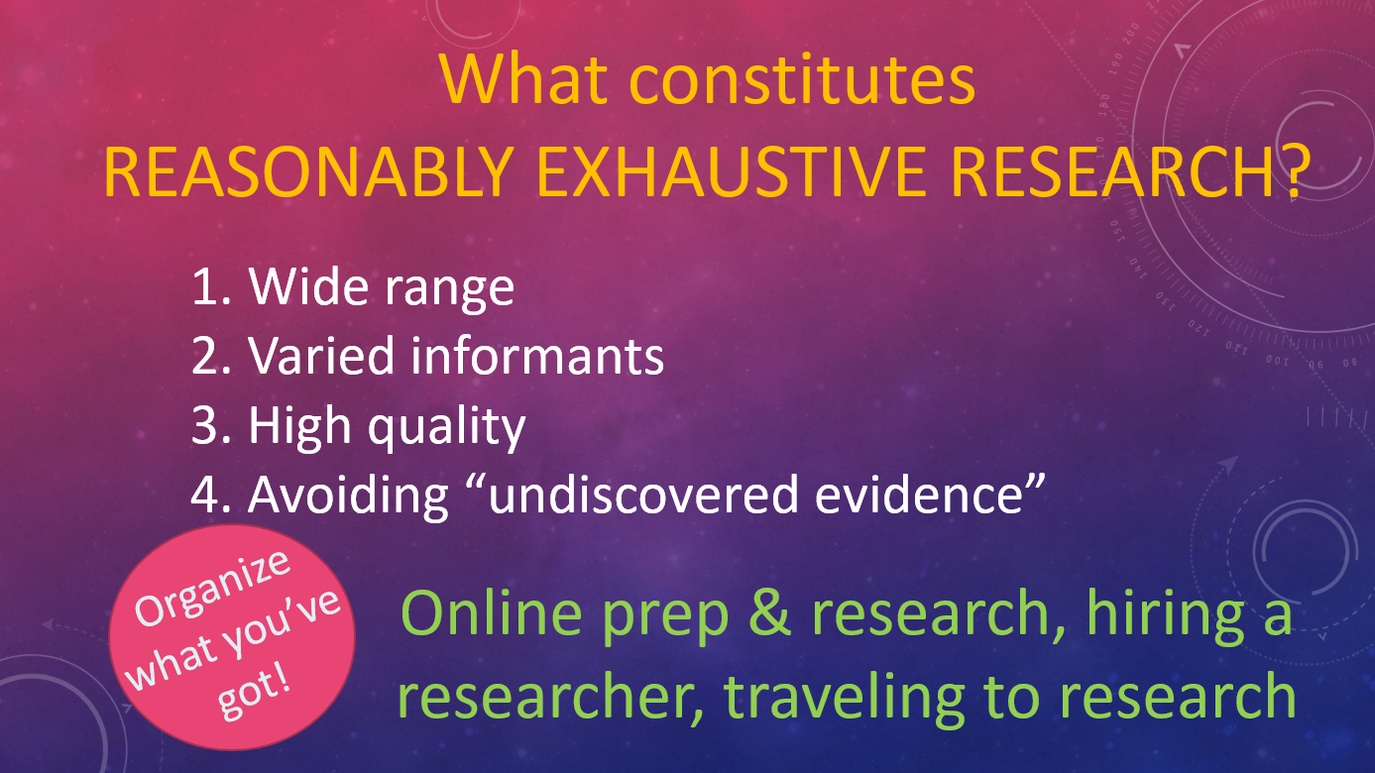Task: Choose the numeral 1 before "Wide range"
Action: click(205, 287)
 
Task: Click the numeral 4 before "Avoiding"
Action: click(206, 495)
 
